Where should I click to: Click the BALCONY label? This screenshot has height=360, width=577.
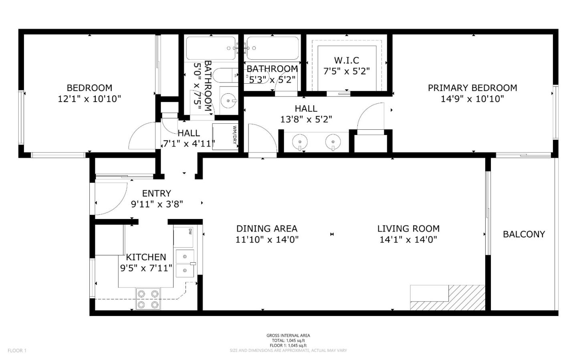[x=524, y=234]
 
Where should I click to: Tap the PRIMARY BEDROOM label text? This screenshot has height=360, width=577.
[x=472, y=88]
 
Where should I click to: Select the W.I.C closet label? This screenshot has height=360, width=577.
[x=346, y=60]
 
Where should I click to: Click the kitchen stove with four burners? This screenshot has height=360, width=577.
[x=147, y=299]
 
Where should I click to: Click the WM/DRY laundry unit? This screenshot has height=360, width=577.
[x=225, y=136]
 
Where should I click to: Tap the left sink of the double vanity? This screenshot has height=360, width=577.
[x=299, y=141]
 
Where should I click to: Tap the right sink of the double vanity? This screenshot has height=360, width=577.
[x=333, y=141]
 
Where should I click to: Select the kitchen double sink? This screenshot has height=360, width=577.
[x=185, y=263]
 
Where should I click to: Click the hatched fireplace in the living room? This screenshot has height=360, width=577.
[x=448, y=298]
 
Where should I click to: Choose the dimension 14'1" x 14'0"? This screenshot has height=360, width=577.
[x=408, y=239]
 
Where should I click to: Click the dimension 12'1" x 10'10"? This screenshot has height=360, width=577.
[x=89, y=99]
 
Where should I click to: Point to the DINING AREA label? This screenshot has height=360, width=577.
[x=266, y=229]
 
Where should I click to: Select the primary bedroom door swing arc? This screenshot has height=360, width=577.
[x=370, y=116]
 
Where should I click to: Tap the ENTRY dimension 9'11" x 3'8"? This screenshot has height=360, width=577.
[x=157, y=204]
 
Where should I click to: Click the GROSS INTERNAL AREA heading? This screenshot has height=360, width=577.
[x=288, y=336]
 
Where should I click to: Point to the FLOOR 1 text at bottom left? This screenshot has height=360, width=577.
[x=17, y=350]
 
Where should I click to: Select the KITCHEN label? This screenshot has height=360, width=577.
[x=146, y=257]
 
